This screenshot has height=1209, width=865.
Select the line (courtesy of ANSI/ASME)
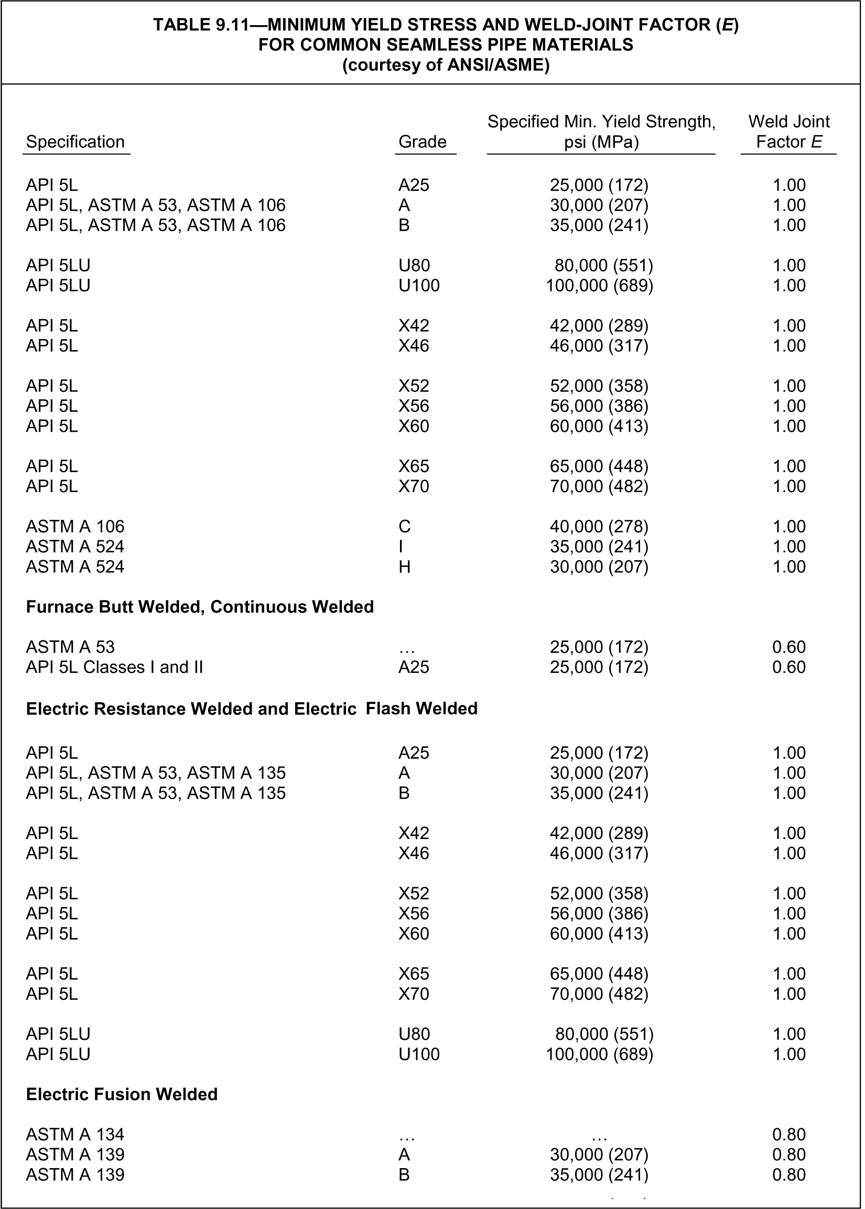pos(445,65)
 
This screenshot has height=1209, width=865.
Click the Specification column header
pos(75,142)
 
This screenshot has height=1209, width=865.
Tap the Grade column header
pos(423,142)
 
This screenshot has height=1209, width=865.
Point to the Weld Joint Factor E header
pos(789,132)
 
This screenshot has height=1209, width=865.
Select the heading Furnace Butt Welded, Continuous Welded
pos(200,607)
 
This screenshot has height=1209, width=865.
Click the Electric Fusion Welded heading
pos(122,1094)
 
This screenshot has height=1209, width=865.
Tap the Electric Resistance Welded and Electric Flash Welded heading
pos(252,709)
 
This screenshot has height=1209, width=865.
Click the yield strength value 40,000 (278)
pos(599,527)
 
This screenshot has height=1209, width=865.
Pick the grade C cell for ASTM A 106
pos(404,527)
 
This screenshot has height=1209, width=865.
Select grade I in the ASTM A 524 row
pos(401,547)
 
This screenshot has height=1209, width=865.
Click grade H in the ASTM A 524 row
pos(404,567)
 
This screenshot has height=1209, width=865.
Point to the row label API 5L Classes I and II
pos(114,667)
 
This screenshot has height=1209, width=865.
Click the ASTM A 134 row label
pos(75,1135)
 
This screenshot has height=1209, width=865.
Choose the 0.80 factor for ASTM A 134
pos(789,1135)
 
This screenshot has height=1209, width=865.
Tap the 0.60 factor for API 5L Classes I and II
pos(789,667)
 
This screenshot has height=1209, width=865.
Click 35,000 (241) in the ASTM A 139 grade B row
pos(599,1174)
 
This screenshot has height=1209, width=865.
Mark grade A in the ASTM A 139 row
pos(404,1154)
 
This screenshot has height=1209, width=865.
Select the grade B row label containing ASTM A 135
pos(156,793)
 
